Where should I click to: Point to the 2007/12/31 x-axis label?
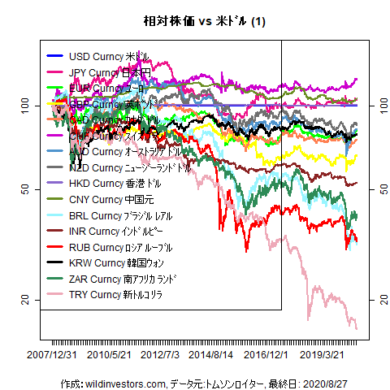53,354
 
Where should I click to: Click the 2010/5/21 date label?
110,354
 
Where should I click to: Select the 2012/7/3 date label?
160,354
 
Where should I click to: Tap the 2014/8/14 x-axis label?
211,354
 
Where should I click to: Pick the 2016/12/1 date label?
266,354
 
